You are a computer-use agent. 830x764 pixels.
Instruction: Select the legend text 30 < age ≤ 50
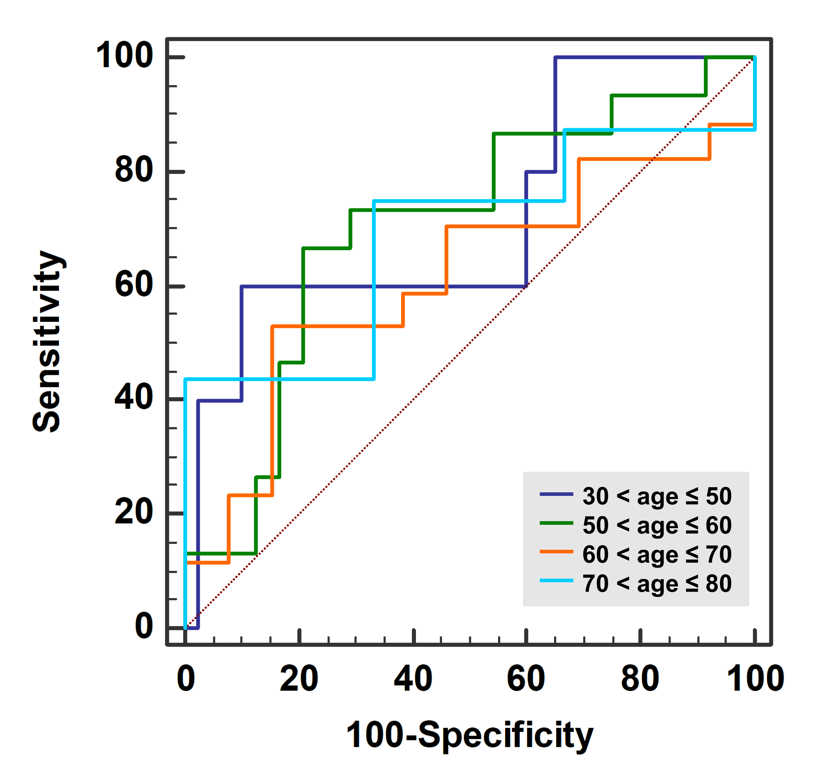(x=657, y=496)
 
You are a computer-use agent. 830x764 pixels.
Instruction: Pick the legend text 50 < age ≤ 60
(x=657, y=525)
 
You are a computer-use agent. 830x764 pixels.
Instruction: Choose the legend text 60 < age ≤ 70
(x=657, y=554)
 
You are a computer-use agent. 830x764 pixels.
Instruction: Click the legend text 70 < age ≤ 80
(x=657, y=584)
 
